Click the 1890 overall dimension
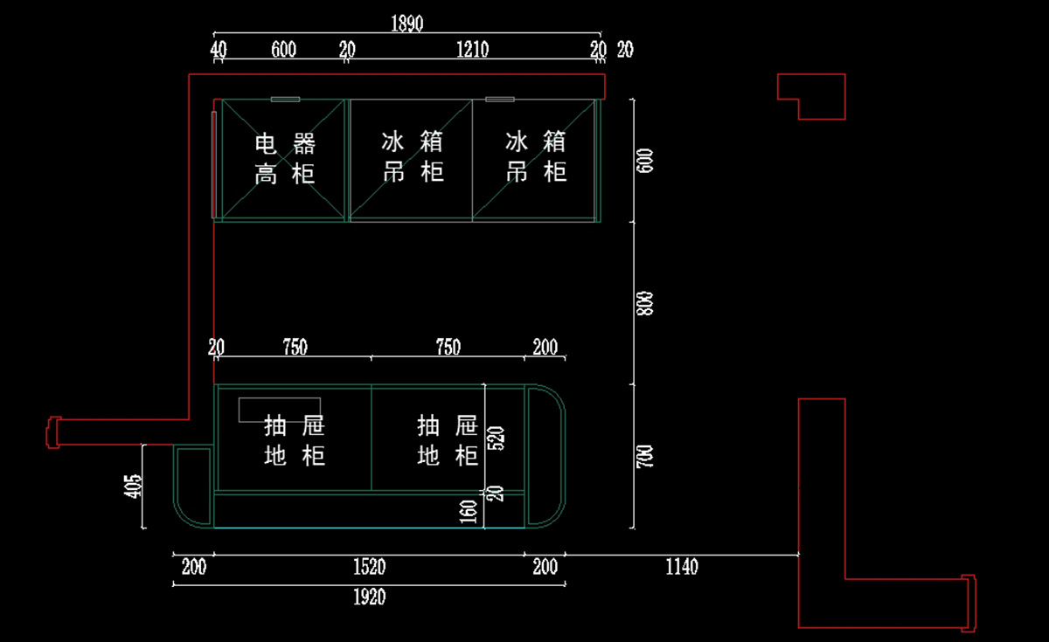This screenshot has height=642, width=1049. pyautogui.click(x=407, y=24)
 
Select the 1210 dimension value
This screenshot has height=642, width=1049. pyautogui.click(x=472, y=50)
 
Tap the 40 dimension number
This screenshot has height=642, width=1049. pyautogui.click(x=219, y=50)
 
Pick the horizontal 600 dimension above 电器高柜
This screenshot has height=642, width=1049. pyautogui.click(x=283, y=50)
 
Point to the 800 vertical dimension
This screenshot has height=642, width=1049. pyautogui.click(x=646, y=302)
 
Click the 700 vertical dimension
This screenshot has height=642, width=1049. pyautogui.click(x=646, y=456)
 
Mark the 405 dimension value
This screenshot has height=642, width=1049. pyautogui.click(x=133, y=486)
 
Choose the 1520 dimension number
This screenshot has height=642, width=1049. pyautogui.click(x=369, y=568)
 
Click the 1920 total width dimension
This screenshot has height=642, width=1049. pyautogui.click(x=369, y=597)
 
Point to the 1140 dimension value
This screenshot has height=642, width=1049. pyautogui.click(x=682, y=568)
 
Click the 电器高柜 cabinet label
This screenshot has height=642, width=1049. pyautogui.click(x=285, y=158)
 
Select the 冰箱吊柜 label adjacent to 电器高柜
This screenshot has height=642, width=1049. pyautogui.click(x=413, y=157)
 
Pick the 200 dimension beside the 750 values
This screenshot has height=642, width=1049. pyautogui.click(x=545, y=348)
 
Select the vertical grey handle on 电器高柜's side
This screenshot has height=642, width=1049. pyautogui.click(x=214, y=163)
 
